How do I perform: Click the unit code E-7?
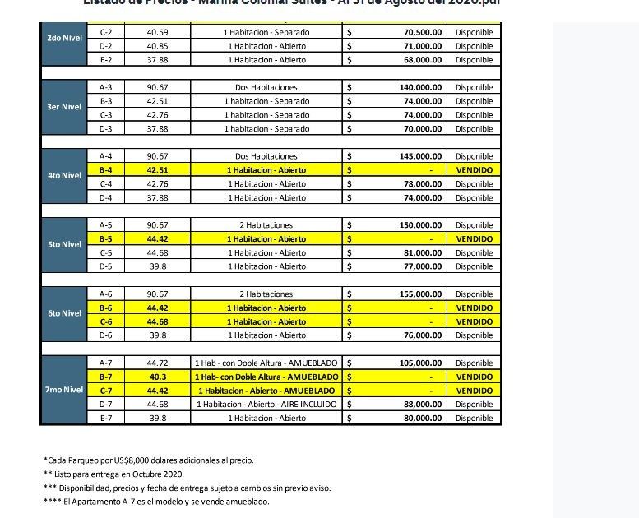pyautogui.click(x=105, y=418)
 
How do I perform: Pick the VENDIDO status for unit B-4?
pyautogui.click(x=474, y=169)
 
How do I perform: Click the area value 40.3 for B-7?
pyautogui.click(x=157, y=377)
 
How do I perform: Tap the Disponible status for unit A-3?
pyautogui.click(x=474, y=87)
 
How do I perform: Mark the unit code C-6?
pyautogui.click(x=105, y=321)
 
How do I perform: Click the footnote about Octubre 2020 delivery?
pyautogui.click(x=113, y=474)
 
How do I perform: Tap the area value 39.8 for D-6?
pyautogui.click(x=157, y=335)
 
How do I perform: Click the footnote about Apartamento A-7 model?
pyautogui.click(x=155, y=501)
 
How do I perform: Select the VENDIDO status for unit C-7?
pyautogui.click(x=474, y=391)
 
